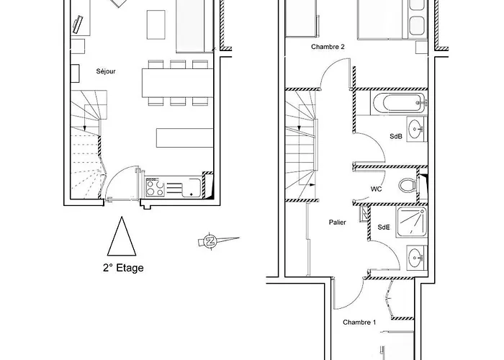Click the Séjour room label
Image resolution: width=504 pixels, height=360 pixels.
click(x=106, y=71)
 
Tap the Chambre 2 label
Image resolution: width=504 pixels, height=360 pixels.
click(x=328, y=47)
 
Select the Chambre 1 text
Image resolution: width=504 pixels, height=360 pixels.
click(x=359, y=322)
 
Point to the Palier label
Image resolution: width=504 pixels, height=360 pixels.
click(x=338, y=222)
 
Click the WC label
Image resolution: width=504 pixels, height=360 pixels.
click(x=376, y=189)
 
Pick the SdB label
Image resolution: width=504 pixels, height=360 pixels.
click(x=396, y=136)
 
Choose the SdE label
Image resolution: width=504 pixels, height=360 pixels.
click(x=384, y=228)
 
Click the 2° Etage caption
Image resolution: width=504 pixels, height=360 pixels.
click(x=123, y=268)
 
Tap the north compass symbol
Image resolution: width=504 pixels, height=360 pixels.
click(x=210, y=241)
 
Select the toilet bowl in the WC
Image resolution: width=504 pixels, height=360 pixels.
click(x=408, y=186)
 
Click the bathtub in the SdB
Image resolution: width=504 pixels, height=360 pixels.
click(x=399, y=103)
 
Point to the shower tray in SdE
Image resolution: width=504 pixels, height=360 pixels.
click(x=412, y=222)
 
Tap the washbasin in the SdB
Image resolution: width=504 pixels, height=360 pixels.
click(x=417, y=129)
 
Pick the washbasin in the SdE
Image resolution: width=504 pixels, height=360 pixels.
click(x=417, y=258)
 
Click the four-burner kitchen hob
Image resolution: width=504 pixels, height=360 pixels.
click(x=156, y=188)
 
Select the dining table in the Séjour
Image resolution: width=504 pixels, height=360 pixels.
click(x=178, y=83)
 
